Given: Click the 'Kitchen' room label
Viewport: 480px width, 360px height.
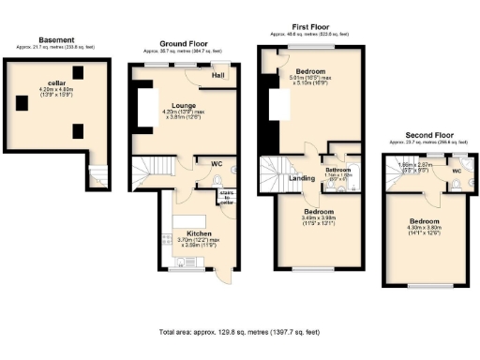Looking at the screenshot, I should pos(199,233).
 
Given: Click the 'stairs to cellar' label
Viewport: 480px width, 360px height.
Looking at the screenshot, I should pos(226,196).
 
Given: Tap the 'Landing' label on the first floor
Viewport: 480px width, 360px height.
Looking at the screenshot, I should pos(302,178).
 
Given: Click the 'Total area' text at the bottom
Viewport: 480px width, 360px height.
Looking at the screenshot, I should pos(240,332).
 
